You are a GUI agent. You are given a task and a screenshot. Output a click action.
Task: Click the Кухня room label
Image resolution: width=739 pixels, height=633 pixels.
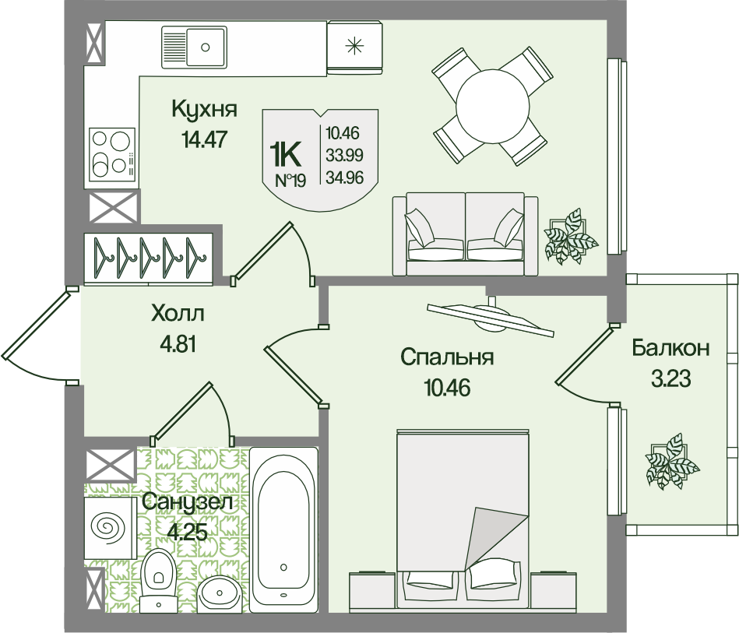click(204, 109)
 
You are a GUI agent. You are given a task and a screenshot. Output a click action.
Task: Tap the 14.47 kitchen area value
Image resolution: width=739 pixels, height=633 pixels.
click(204, 139)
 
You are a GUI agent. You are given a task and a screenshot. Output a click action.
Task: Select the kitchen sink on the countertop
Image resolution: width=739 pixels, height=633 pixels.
click(194, 47)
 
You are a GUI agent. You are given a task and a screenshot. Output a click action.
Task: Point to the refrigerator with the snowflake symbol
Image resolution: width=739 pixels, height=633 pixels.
click(354, 47)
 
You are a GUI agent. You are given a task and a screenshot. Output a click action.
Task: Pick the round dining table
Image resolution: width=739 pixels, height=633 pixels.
click(491, 107)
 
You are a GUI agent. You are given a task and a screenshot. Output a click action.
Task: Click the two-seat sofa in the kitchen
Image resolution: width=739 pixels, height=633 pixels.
click(465, 234)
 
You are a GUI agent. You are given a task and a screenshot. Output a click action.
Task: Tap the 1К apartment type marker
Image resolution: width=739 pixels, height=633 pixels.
click(285, 155)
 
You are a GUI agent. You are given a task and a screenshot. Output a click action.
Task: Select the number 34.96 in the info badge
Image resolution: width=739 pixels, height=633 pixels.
click(344, 178)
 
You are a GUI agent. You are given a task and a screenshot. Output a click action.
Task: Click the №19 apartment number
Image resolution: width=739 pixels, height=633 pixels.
click(290, 181)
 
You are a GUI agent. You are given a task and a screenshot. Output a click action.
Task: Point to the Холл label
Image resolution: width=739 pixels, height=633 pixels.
click(178, 314)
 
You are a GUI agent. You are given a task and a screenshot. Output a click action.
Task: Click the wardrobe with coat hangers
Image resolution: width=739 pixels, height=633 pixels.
click(149, 258)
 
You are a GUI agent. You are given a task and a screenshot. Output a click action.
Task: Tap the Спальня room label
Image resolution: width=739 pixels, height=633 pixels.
click(447, 357)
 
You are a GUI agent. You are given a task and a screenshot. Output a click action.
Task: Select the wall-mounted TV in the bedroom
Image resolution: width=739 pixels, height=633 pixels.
click(490, 317)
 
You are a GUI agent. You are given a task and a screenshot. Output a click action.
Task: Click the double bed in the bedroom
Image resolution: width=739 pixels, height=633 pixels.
click(463, 519)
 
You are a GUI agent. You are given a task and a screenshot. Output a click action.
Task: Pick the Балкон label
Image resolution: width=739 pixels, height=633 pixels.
click(670, 348)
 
